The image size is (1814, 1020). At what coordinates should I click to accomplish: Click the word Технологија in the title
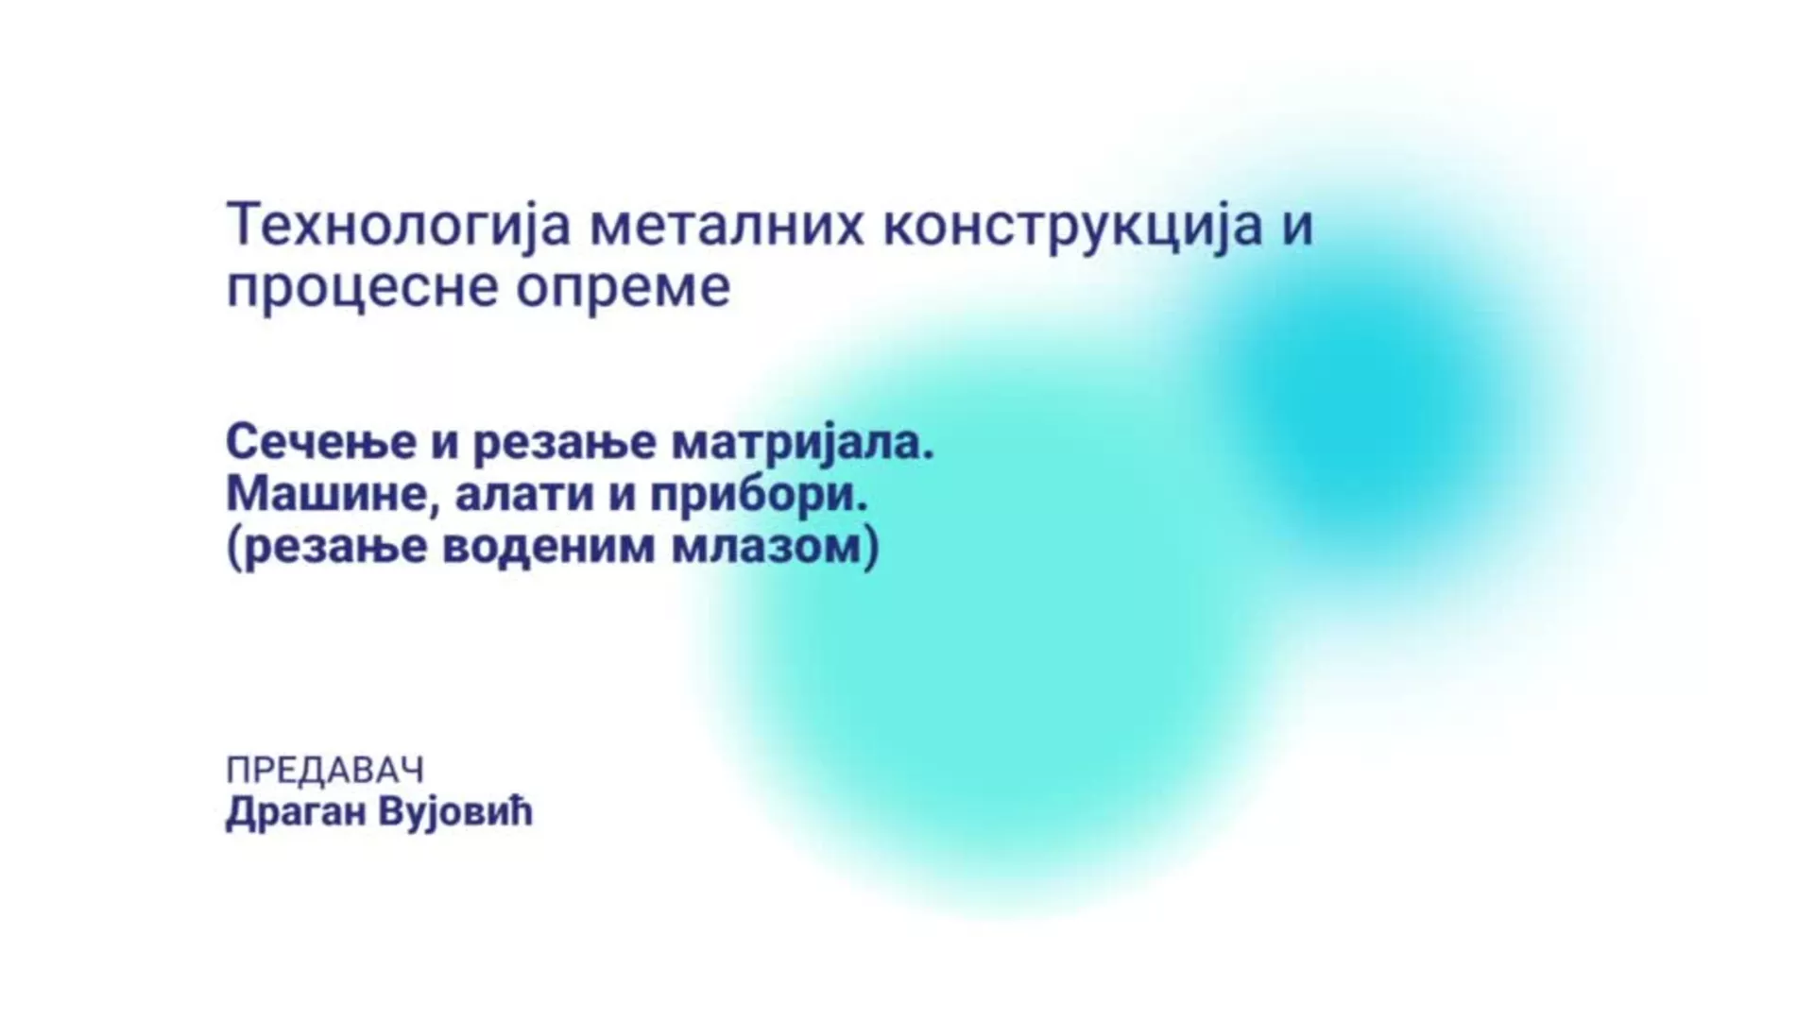[399, 228]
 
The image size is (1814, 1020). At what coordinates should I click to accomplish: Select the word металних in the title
[727, 228]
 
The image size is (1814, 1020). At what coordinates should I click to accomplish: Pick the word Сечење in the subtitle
[321, 441]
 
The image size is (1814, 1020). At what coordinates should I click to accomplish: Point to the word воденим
[548, 548]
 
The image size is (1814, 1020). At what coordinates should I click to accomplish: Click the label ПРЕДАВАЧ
[325, 771]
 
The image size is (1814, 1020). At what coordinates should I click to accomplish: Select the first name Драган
[295, 812]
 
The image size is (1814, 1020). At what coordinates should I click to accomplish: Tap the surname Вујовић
[455, 812]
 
